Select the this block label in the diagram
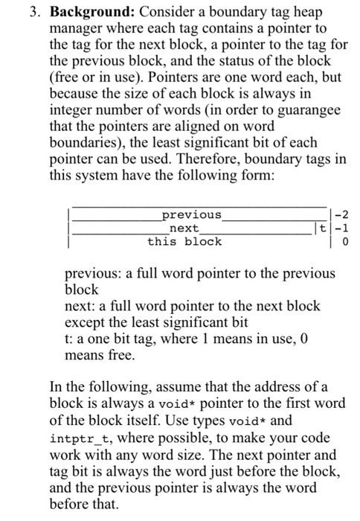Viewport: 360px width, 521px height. [x=184, y=241]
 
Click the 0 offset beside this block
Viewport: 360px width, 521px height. [x=344, y=241]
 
